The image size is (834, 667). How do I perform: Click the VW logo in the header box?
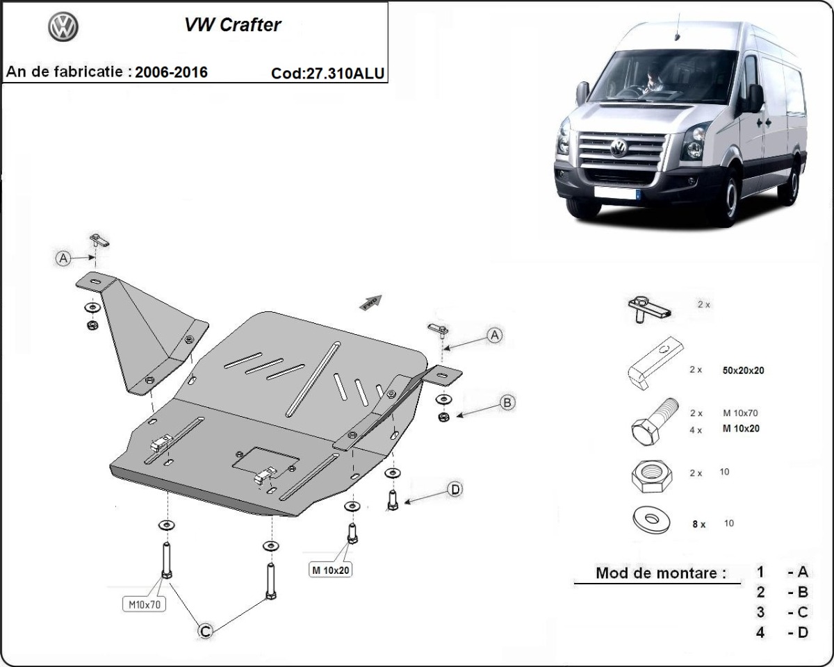pyautogui.click(x=63, y=27)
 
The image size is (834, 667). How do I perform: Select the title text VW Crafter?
pyautogui.click(x=232, y=25)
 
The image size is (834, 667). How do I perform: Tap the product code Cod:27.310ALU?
pyautogui.click(x=329, y=74)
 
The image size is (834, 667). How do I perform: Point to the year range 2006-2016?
pyautogui.click(x=171, y=72)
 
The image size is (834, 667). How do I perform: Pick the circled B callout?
pyautogui.click(x=508, y=402)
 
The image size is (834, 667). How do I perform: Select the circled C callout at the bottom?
pyautogui.click(x=205, y=631)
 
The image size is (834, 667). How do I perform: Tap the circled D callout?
pyautogui.click(x=455, y=490)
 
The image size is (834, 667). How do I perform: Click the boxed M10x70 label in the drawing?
pyautogui.click(x=145, y=604)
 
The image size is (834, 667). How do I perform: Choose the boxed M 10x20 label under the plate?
pyautogui.click(x=331, y=570)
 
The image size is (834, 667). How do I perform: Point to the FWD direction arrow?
pyautogui.click(x=370, y=301)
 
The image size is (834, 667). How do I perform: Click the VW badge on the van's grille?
pyautogui.click(x=618, y=147)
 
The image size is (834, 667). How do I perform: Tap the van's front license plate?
pyautogui.click(x=617, y=192)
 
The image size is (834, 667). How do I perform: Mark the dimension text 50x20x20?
pyautogui.click(x=744, y=370)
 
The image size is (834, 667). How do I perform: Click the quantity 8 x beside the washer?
pyautogui.click(x=698, y=525)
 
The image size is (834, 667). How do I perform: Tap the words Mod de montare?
pyautogui.click(x=660, y=573)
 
